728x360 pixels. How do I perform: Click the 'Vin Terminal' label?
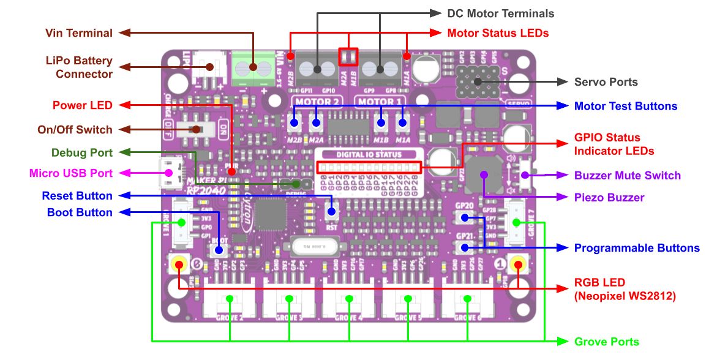click(x=79, y=33)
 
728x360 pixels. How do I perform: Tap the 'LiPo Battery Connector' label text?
click(x=80, y=67)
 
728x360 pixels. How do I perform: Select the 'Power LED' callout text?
click(x=83, y=105)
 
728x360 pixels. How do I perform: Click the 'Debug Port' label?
click(x=82, y=152)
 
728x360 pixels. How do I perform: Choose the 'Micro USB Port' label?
click(x=71, y=173)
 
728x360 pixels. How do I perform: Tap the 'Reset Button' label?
click(x=77, y=196)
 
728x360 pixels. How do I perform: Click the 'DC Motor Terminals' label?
click(x=500, y=13)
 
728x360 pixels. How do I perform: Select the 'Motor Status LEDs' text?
click(x=498, y=33)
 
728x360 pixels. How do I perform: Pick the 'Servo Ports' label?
click(x=606, y=82)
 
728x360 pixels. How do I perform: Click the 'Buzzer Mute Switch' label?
click(x=627, y=175)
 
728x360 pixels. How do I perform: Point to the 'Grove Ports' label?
click(x=607, y=342)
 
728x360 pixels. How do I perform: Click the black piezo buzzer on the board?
click(x=484, y=174)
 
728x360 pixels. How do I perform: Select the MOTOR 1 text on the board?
click(x=380, y=101)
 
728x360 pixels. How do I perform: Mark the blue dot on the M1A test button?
click(x=403, y=123)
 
